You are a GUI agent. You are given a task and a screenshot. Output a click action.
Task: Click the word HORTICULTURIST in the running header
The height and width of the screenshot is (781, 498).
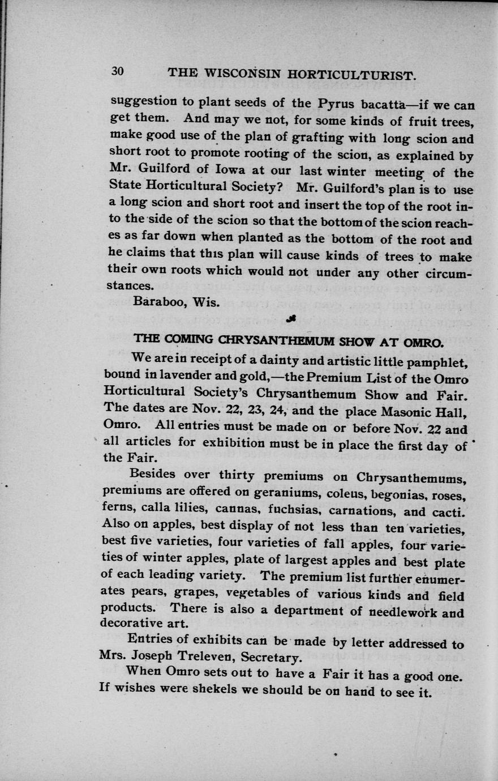[x=353, y=75]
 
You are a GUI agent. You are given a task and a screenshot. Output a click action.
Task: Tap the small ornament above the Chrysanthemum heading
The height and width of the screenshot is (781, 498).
[x=291, y=320]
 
